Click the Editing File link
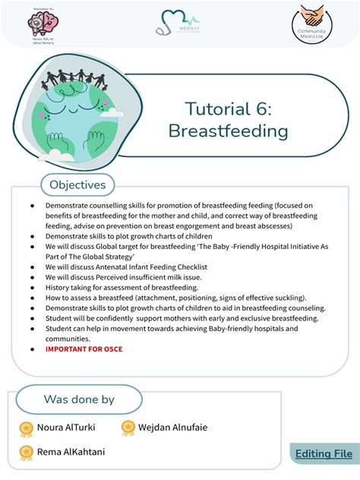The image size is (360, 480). coord(324,453)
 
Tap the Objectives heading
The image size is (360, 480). coord(77,185)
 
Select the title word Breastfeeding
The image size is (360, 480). coord(228,131)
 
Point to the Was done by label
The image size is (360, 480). coord(79,399)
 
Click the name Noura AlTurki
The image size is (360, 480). coord(71,428)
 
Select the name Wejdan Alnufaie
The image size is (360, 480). coord(172,428)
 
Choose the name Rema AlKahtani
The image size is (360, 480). coord(71,452)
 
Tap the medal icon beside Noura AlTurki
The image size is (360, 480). coord(27,428)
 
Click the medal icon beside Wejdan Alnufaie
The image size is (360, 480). coord(128,428)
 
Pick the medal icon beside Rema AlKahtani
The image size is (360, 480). coord(27,453)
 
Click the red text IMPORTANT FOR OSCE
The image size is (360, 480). coord(84,349)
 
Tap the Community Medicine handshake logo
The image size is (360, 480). coord(312,22)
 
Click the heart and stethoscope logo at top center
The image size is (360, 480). coord(180,22)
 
